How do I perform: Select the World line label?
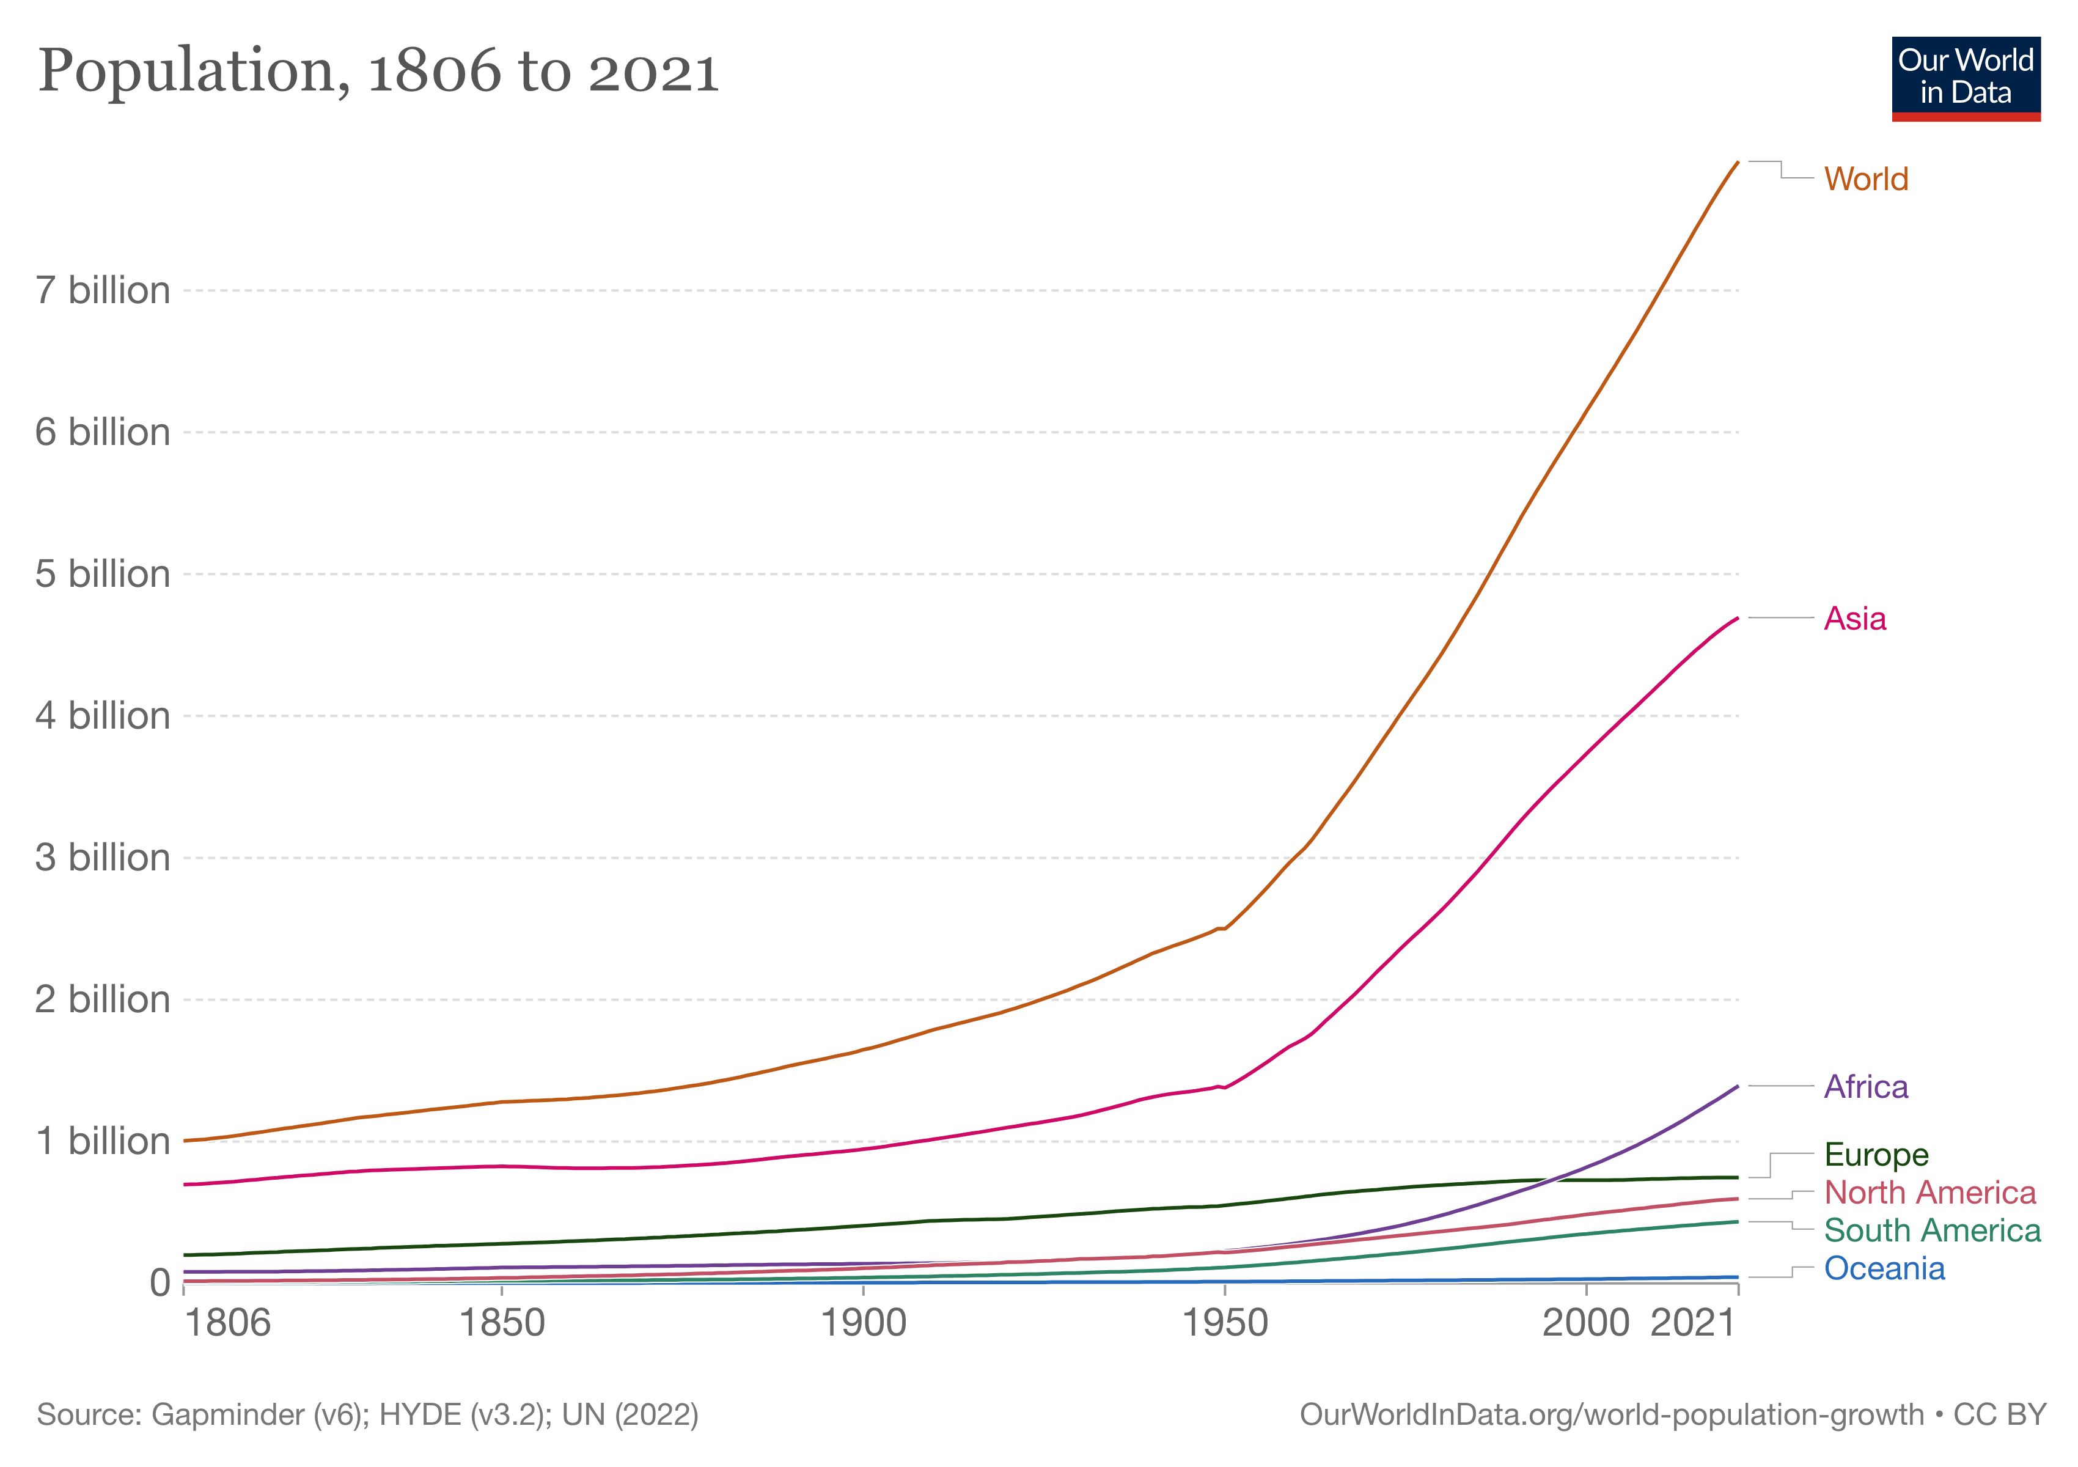click(x=1865, y=179)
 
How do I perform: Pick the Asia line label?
click(x=1854, y=619)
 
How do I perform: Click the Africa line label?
click(x=1865, y=1087)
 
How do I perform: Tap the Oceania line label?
click(x=1884, y=1269)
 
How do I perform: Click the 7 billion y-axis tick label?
click(x=102, y=290)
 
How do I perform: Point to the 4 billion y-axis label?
click(x=102, y=716)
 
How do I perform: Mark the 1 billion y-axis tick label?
click(x=102, y=1141)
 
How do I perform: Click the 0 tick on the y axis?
click(x=160, y=1282)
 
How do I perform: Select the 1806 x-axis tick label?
click(x=227, y=1324)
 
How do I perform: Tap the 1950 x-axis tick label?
click(x=1225, y=1324)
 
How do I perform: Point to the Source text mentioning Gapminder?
click(x=367, y=1414)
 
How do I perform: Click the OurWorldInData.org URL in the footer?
click(x=1612, y=1414)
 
